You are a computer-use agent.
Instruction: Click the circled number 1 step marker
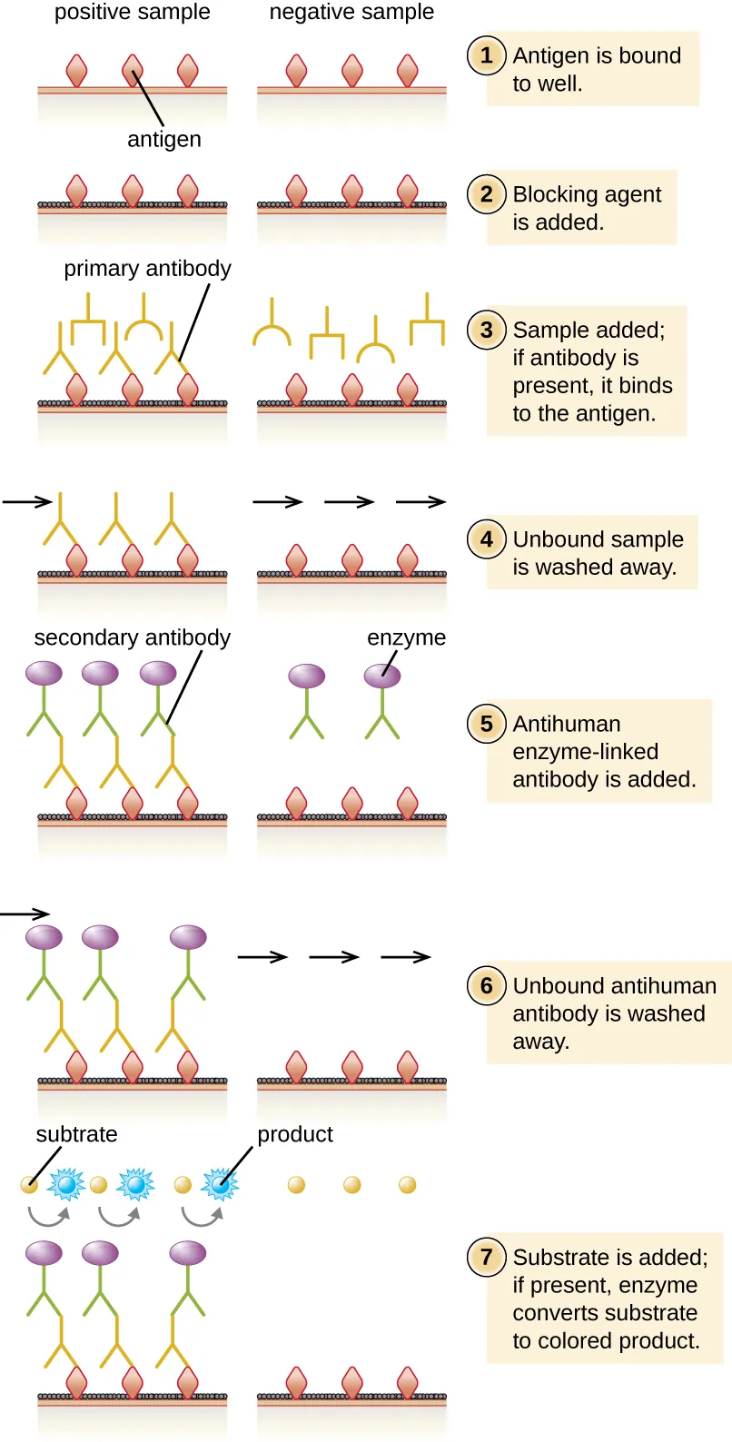point(487,55)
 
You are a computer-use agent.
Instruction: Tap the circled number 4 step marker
point(487,538)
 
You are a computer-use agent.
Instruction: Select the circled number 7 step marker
point(487,1257)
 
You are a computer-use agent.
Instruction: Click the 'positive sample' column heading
point(132,13)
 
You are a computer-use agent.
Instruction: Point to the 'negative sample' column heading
point(351,13)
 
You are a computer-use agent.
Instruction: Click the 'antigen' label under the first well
point(164,140)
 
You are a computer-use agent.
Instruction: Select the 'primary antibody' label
point(147,269)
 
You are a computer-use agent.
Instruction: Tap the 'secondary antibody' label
point(132,637)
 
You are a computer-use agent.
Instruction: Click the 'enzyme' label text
point(406,637)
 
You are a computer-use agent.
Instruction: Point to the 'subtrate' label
point(76,1134)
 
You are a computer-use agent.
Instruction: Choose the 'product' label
point(295,1134)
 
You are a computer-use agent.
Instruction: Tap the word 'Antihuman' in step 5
point(567,724)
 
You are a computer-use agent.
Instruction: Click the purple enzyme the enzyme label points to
point(382,676)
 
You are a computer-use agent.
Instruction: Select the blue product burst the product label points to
point(219,1184)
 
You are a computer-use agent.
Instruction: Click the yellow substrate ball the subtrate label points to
point(30,1184)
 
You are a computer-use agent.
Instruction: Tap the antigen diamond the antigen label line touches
point(133,69)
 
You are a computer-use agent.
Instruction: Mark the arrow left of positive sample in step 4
point(27,501)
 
